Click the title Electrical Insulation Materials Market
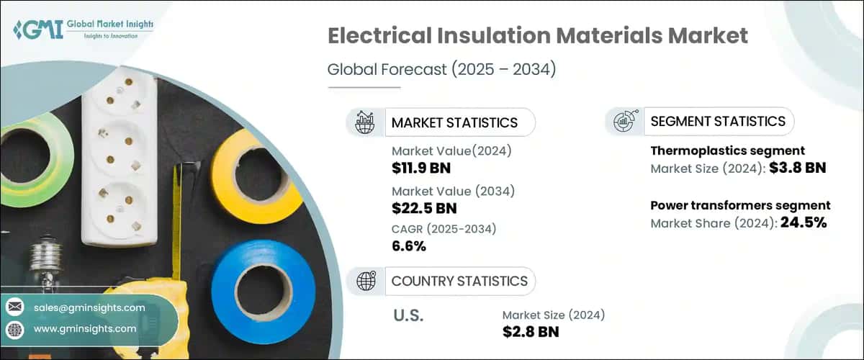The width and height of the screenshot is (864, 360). tap(538, 37)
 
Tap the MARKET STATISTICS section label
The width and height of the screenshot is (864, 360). tap(454, 122)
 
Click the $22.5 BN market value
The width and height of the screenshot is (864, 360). tap(423, 208)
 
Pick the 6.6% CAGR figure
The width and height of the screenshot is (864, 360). tap(409, 247)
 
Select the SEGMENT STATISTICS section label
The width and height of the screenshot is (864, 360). tap(717, 122)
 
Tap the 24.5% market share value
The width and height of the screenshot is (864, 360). tap(804, 222)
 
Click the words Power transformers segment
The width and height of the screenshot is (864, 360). tap(740, 206)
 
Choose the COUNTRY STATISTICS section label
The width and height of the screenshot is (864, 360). tap(459, 281)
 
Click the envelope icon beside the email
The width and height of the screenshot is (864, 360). tap(14, 307)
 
